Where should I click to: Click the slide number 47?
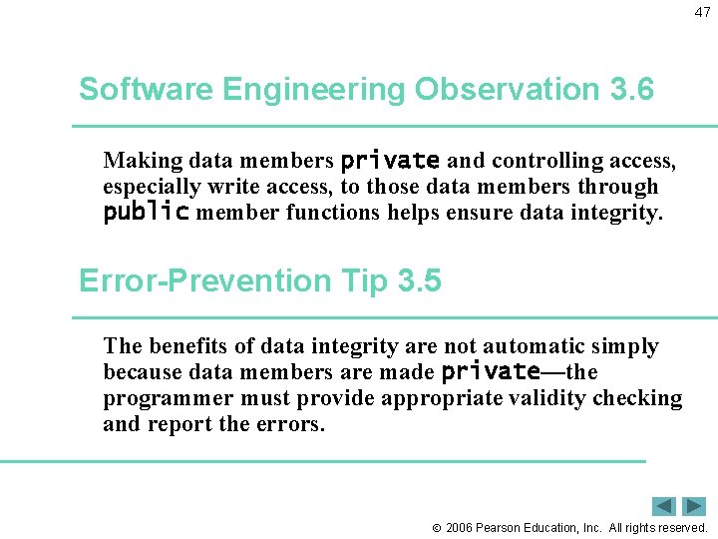pyautogui.click(x=702, y=13)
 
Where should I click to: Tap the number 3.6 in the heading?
pyautogui.click(x=630, y=90)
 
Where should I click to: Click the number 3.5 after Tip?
pyautogui.click(x=419, y=282)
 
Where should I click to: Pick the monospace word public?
pyautogui.click(x=146, y=213)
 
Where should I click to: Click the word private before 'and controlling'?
pyautogui.click(x=390, y=161)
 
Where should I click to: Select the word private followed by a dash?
pyautogui.click(x=490, y=372)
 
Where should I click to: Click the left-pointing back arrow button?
pyautogui.click(x=664, y=506)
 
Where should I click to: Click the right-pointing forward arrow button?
pyautogui.click(x=694, y=506)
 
